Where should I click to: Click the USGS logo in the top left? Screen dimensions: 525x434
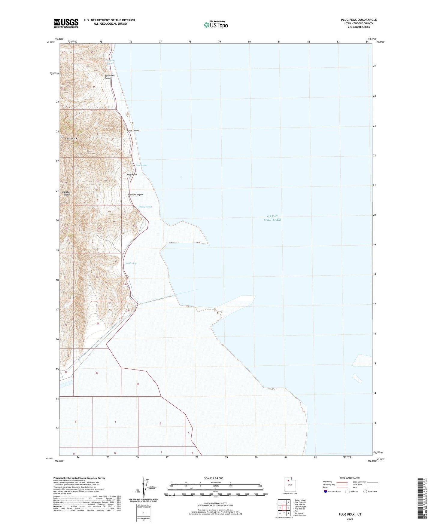(66, 23)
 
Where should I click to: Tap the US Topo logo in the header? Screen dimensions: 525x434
(215, 25)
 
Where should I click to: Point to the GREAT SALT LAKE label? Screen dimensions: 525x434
(272, 218)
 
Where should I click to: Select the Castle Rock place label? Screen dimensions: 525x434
(71, 138)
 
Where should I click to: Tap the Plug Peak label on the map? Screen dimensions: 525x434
(132, 174)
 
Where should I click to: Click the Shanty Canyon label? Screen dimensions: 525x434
(135, 195)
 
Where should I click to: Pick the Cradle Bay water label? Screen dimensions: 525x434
(131, 263)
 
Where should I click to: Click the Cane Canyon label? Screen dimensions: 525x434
(133, 130)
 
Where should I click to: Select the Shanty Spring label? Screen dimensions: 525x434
(145, 207)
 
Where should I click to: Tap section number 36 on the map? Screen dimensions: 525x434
(138, 384)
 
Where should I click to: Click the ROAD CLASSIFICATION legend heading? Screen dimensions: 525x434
(350, 478)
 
